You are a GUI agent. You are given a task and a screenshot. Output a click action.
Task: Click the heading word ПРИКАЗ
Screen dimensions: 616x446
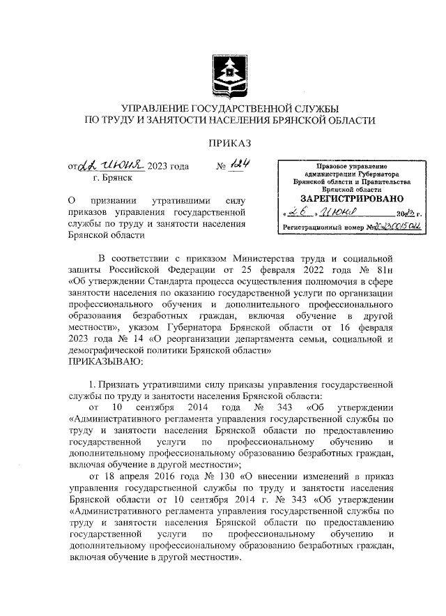(x=229, y=143)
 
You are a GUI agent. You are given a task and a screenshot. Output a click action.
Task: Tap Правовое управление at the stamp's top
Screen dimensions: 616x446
(x=351, y=166)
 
